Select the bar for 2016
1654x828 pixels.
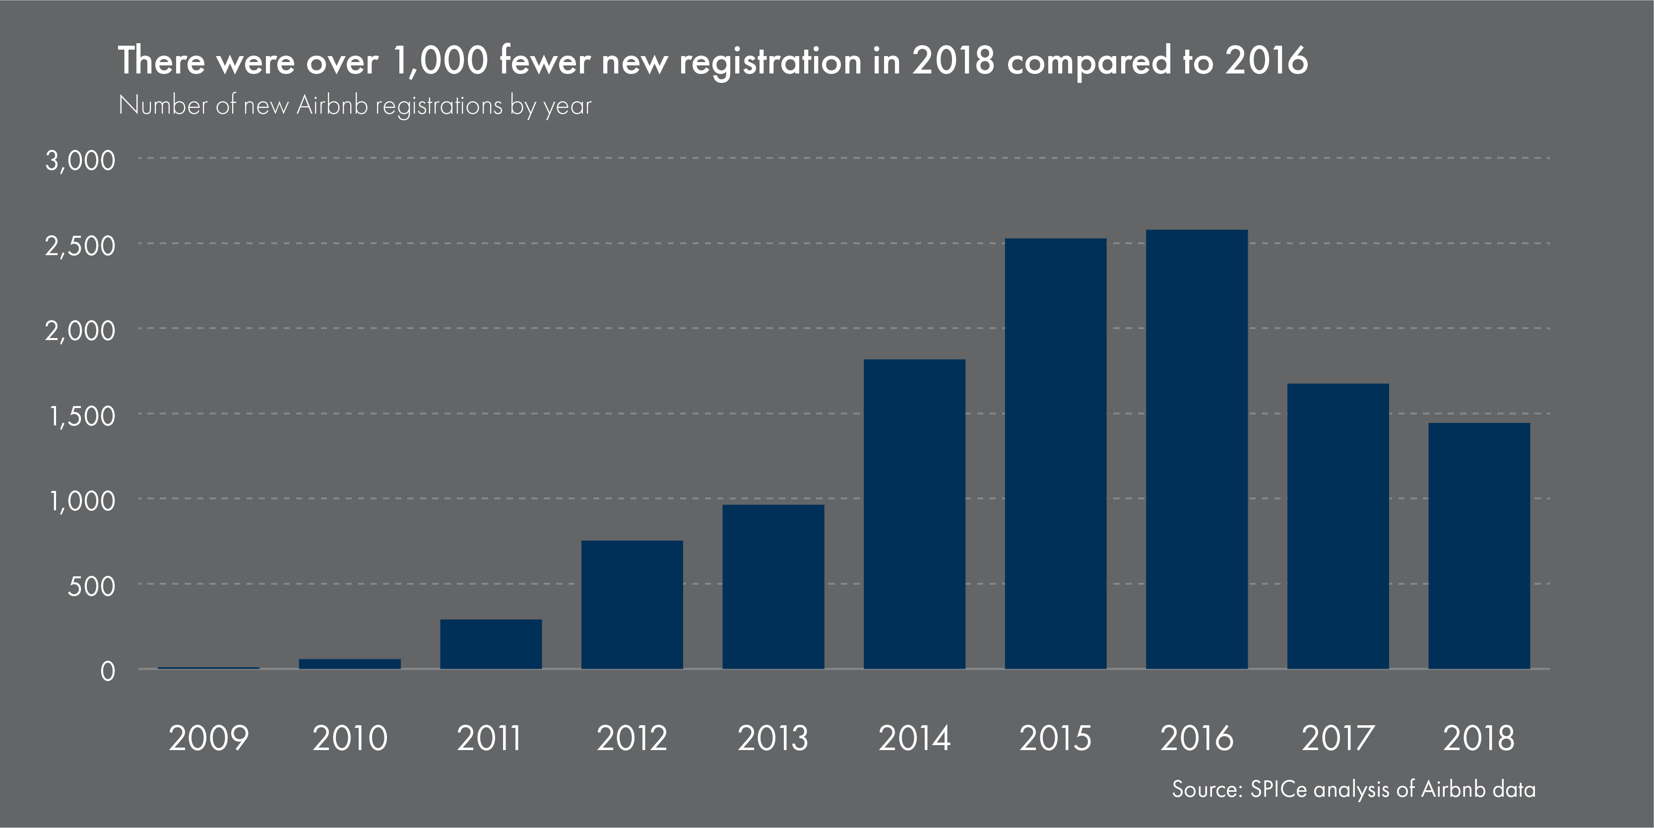tap(1197, 450)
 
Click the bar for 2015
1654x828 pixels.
tap(1056, 454)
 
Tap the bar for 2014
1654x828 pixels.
tap(914, 514)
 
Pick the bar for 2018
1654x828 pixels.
tap(1479, 546)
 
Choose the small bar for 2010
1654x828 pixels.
tap(350, 664)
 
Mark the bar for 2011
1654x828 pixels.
tap(491, 644)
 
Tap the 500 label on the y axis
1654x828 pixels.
tap(91, 586)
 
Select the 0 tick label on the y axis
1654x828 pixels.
tap(108, 671)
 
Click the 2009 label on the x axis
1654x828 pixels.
tap(209, 738)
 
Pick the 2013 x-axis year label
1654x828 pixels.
tap(772, 738)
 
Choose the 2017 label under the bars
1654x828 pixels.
tap(1337, 738)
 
